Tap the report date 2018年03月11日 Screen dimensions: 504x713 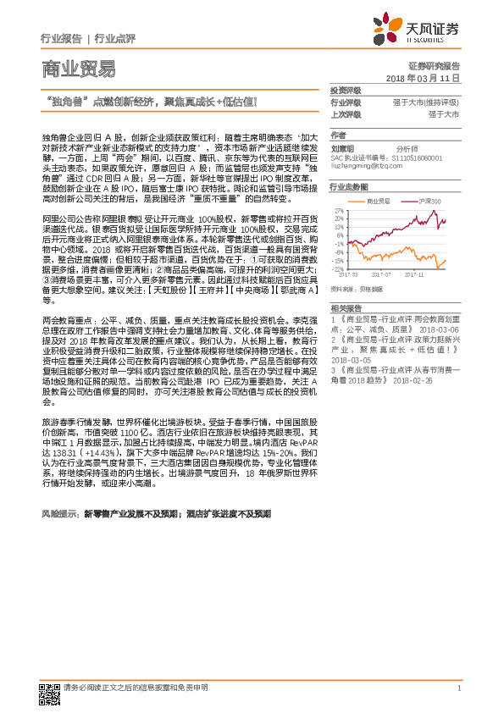428,77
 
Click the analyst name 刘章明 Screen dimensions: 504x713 341,146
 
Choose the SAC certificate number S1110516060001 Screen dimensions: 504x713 418,158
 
